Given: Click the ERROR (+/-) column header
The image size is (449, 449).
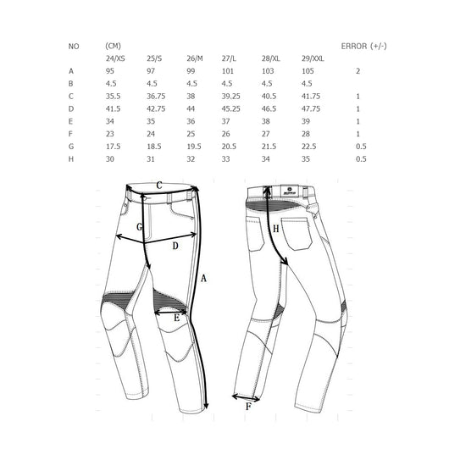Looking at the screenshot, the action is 363,46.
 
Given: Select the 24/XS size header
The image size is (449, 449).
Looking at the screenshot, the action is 115,58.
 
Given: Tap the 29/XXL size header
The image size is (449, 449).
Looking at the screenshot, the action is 313,58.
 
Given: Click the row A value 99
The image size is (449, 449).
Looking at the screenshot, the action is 191,71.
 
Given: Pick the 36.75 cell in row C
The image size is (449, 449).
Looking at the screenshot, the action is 156,97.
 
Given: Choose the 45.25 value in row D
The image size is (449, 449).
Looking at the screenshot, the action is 230,108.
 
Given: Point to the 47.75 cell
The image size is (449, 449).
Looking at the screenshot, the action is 311,108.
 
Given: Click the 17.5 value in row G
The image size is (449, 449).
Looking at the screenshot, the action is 114,147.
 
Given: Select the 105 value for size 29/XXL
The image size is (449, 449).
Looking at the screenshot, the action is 308,71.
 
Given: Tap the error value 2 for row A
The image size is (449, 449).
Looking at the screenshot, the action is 358,71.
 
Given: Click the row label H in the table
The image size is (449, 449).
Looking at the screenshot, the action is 71,159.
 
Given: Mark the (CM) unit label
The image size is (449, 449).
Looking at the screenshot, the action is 114,46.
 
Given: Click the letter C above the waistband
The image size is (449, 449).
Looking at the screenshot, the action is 159,186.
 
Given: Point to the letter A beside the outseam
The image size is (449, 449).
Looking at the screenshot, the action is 203,278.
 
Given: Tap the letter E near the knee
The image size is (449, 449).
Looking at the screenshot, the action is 177,318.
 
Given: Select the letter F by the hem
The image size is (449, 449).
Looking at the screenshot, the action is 248,407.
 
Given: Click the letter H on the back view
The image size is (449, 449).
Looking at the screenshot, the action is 276,229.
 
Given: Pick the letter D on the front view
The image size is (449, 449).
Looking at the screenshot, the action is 175,246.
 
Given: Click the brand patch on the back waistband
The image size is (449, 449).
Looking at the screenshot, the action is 290,191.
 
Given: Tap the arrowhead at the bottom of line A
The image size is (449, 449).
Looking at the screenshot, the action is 206,407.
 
